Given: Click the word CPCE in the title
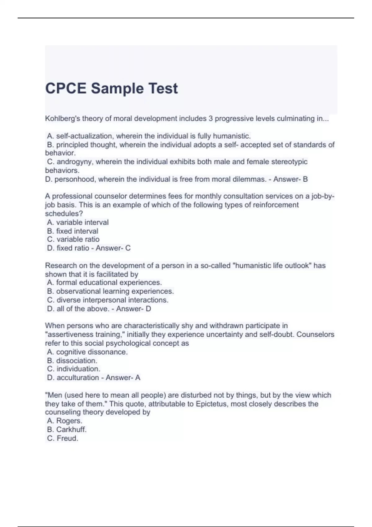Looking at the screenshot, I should click(x=65, y=88).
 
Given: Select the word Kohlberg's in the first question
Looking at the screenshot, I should click(x=62, y=119).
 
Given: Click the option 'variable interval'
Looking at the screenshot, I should click(x=82, y=222).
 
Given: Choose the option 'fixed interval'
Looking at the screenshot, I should click(x=77, y=231).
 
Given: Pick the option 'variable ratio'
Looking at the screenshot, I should click(x=78, y=239).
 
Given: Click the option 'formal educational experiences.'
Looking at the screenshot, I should click(x=109, y=282).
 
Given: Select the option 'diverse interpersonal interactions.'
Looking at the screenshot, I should click(x=112, y=300).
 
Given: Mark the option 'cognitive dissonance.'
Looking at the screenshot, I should click(x=92, y=352).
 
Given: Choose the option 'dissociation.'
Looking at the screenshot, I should click(x=77, y=361).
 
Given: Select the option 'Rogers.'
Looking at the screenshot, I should click(x=69, y=421).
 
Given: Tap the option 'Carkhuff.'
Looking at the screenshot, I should click(x=71, y=429).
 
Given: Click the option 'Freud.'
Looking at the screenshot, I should click(x=67, y=438).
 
